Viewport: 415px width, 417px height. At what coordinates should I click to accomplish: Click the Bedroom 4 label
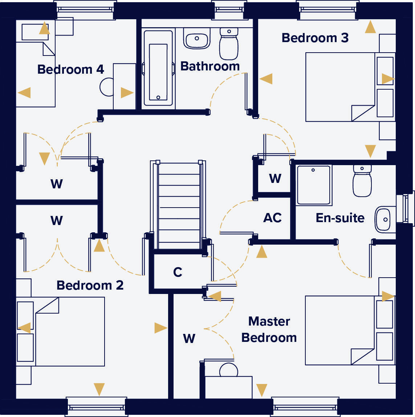(70, 69)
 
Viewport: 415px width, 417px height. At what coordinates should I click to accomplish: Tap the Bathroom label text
(210, 66)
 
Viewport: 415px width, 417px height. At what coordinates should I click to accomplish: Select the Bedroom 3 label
(315, 38)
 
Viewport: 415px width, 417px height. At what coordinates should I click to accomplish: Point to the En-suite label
(340, 218)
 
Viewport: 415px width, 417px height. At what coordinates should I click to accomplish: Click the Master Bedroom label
(269, 330)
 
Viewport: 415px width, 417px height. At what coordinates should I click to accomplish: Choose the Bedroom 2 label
(90, 285)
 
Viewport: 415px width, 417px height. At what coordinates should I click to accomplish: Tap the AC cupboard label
(272, 218)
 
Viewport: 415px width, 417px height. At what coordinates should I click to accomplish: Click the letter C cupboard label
(178, 272)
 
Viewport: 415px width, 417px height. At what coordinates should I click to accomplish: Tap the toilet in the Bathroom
(229, 44)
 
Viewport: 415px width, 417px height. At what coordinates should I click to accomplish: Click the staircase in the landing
(179, 205)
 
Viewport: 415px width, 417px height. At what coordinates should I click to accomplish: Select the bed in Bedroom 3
(340, 87)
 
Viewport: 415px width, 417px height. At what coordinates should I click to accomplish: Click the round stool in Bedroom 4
(107, 87)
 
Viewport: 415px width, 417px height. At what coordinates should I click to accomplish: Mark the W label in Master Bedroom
(189, 339)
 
